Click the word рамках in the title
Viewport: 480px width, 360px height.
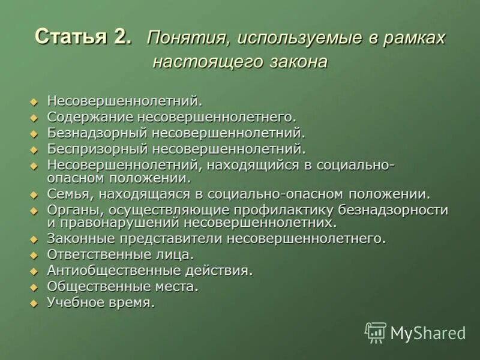(413, 38)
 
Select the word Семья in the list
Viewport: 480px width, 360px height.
(64, 194)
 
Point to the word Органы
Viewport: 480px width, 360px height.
(69, 210)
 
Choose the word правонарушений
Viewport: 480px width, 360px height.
(119, 223)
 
